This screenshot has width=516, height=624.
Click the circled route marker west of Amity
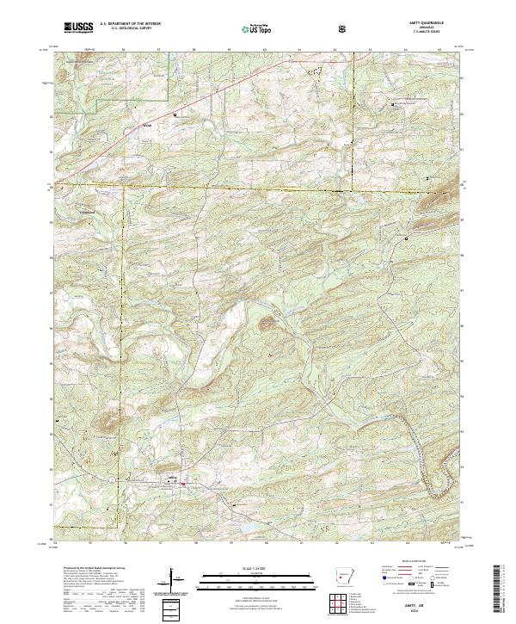(x=111, y=478)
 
